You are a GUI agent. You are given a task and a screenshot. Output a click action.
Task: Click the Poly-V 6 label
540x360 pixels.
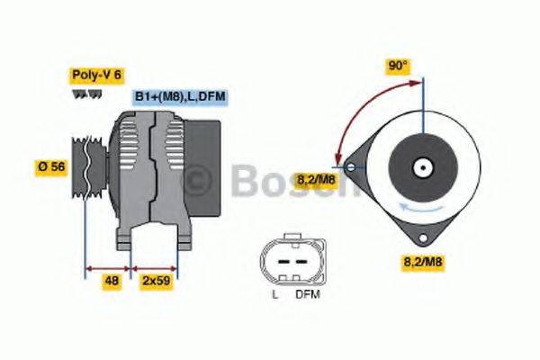pos(96,75)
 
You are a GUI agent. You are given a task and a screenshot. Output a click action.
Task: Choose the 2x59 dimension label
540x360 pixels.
pos(156,281)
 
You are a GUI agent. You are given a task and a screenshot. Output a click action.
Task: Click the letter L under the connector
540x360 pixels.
pos(275,293)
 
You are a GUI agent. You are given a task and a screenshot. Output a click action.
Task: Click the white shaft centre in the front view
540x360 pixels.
pos(421,167)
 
